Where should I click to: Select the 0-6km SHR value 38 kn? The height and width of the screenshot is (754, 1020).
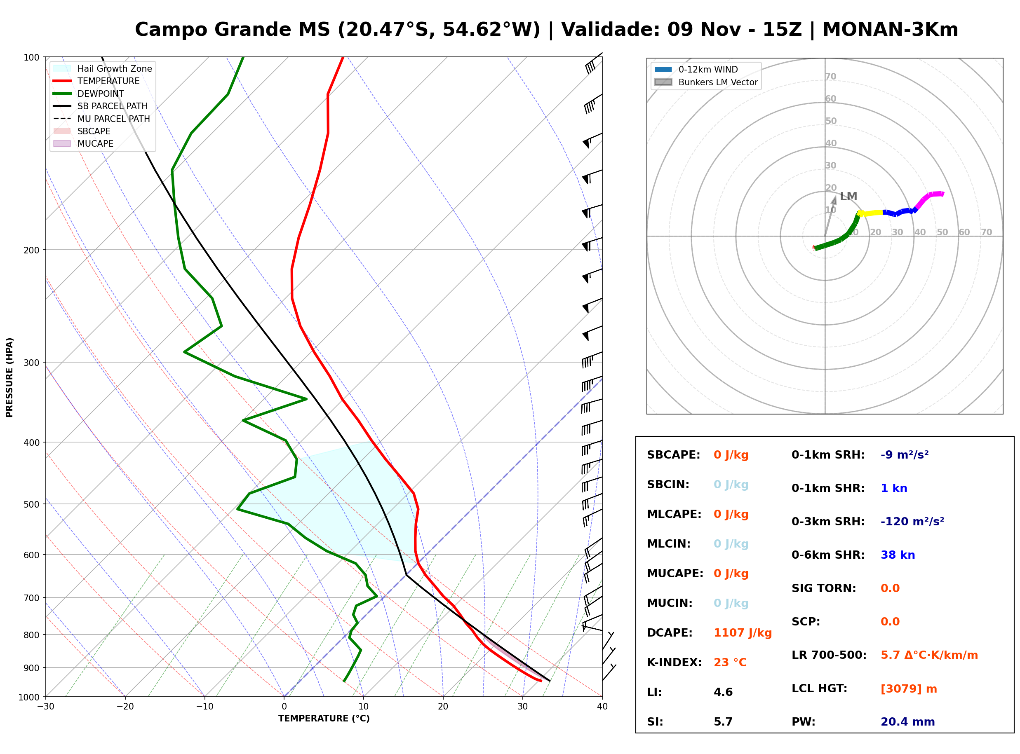point(898,555)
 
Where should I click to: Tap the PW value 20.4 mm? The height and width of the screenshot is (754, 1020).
point(908,722)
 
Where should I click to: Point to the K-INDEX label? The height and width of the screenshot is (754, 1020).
point(675,663)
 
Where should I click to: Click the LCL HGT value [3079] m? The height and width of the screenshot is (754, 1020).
point(909,689)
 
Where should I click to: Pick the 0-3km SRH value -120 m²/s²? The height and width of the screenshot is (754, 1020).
point(912,521)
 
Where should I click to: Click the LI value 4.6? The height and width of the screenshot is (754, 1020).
point(723,692)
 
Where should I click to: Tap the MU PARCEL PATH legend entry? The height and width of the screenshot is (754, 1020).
point(101,119)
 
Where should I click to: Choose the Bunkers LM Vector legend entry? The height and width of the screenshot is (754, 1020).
point(706,82)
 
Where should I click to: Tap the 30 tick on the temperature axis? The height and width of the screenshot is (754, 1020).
point(522,707)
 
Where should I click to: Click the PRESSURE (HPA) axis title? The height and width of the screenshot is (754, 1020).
point(9,377)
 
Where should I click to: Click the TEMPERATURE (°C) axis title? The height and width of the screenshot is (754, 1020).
point(324,719)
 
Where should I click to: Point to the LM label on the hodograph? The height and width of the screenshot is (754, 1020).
point(848,196)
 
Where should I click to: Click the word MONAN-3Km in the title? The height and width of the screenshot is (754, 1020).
point(890,30)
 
